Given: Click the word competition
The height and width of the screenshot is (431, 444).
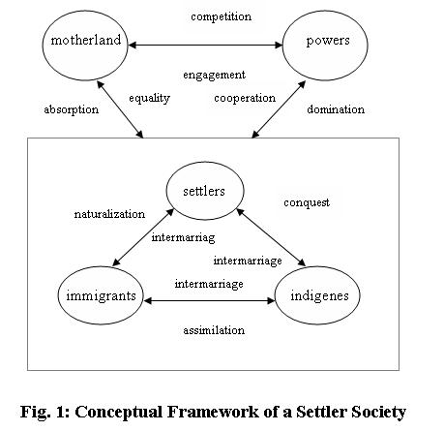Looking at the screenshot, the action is [221, 16].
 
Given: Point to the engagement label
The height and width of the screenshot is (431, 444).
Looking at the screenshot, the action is [214, 76].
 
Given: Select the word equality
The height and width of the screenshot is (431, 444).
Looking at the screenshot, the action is [149, 98].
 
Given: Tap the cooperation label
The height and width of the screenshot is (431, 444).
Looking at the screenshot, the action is [245, 98].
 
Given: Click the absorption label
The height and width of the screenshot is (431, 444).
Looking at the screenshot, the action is [72, 109].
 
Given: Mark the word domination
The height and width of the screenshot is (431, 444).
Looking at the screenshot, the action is [336, 109].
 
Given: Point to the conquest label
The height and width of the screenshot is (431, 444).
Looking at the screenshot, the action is [307, 202].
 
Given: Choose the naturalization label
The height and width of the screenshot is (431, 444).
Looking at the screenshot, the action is [109, 214].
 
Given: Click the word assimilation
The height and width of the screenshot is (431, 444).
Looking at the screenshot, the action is [214, 330].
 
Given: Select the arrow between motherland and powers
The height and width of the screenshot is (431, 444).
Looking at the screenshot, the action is [205, 46].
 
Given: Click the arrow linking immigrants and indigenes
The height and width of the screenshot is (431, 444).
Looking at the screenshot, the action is [209, 301].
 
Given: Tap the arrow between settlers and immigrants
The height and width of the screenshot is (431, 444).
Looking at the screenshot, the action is [143, 237].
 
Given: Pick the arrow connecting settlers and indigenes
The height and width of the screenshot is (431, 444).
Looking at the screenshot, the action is [271, 237].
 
